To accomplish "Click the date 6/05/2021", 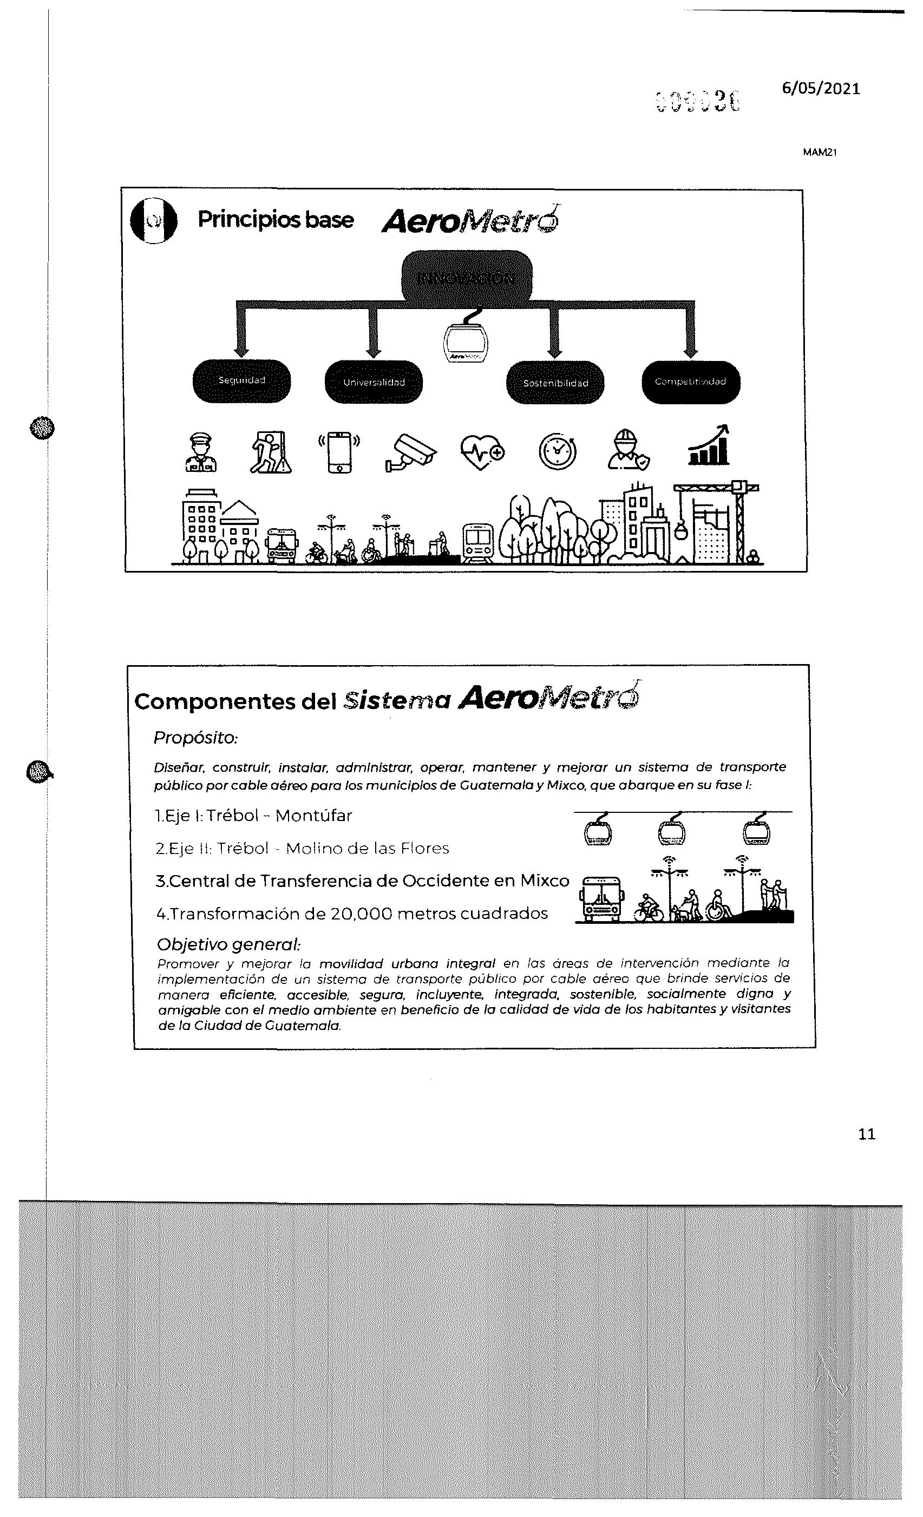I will (820, 89).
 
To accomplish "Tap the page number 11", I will (866, 1134).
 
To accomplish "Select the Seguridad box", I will (241, 381).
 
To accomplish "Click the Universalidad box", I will (374, 382).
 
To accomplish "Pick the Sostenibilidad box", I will (555, 382).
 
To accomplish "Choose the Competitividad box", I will (690, 382).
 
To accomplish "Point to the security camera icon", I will (411, 453).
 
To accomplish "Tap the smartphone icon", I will (339, 452).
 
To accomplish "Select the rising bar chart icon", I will (709, 445).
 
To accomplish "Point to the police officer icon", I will (201, 452).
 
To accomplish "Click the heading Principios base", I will (275, 220).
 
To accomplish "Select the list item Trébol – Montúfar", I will (279, 816).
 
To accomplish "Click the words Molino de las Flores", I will (367, 849).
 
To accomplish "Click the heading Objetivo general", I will (228, 944).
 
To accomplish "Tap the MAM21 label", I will (820, 153).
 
